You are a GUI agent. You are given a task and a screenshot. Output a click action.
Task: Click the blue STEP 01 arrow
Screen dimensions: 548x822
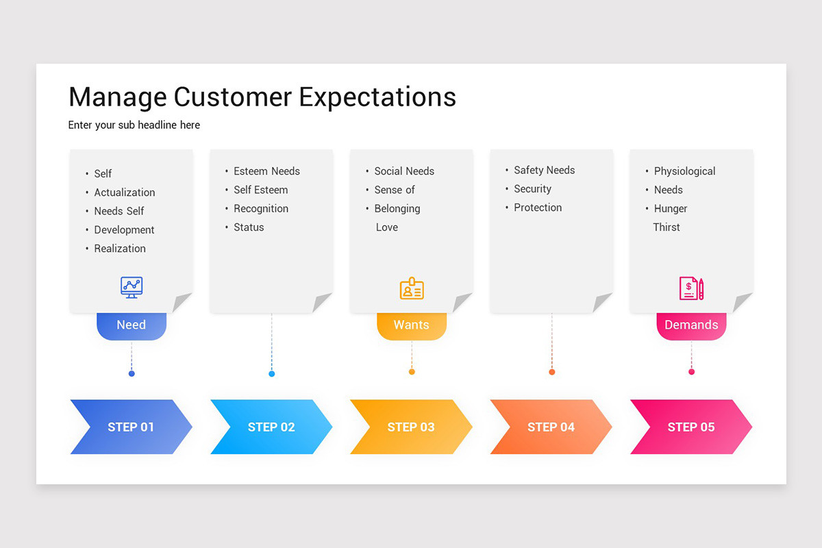coord(131,427)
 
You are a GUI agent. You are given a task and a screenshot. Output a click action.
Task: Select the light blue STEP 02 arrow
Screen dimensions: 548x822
coord(271,427)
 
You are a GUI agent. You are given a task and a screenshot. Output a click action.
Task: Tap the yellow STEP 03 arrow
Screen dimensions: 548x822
coord(411,427)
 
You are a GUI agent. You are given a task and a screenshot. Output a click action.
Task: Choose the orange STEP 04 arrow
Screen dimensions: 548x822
coord(551,427)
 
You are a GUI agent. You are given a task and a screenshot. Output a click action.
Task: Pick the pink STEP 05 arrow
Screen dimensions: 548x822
coord(690,427)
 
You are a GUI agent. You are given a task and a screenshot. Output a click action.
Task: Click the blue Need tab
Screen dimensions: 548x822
coord(131,325)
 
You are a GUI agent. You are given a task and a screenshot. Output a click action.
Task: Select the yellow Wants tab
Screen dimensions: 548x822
coord(411,325)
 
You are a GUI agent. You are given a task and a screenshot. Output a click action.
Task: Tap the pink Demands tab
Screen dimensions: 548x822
coord(691,325)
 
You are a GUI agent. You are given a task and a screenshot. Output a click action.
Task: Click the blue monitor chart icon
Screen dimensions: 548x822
coord(131,287)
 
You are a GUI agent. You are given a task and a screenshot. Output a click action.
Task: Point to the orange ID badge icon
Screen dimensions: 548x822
coord(412,288)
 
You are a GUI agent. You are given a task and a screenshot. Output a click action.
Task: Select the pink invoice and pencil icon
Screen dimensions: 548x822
coord(691,288)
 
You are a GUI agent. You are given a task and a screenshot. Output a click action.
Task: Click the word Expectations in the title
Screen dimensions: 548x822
coord(377,97)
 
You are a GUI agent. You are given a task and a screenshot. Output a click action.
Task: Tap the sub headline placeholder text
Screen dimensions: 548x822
coord(134,125)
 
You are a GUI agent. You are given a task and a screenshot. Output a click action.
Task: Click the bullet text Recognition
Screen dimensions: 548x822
coord(261,208)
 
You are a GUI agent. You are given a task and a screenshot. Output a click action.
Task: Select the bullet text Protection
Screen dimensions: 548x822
coord(538,208)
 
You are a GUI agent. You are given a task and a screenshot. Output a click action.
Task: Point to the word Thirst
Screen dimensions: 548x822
coord(667,227)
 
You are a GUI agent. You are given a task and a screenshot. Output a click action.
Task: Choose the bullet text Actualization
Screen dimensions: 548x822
coord(125,192)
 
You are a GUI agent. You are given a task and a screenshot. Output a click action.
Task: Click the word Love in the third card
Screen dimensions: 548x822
coord(386,227)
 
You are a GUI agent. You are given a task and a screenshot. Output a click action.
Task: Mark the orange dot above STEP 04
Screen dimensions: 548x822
coord(551,372)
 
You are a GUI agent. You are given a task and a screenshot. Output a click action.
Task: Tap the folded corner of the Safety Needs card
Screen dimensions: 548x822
coord(601,302)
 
